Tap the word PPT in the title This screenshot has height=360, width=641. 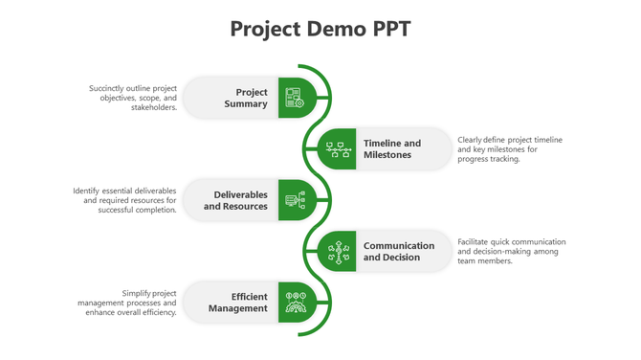390,29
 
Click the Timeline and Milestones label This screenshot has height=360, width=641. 391,148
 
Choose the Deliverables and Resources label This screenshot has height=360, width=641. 235,200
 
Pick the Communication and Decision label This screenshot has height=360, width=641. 398,251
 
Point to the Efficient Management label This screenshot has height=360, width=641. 239,303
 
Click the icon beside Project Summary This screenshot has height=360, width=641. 294,98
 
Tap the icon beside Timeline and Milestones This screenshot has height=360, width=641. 338,148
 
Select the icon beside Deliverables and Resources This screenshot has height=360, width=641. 294,200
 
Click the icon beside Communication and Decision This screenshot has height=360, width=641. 338,251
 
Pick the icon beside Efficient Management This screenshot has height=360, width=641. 294,303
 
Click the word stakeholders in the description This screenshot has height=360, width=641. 153,108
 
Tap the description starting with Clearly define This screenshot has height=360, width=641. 510,149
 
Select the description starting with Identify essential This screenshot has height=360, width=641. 125,200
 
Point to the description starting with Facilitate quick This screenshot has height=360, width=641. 512,251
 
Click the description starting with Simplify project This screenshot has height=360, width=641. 127,303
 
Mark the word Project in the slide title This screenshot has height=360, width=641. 265,29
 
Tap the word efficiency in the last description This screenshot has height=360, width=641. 156,313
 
